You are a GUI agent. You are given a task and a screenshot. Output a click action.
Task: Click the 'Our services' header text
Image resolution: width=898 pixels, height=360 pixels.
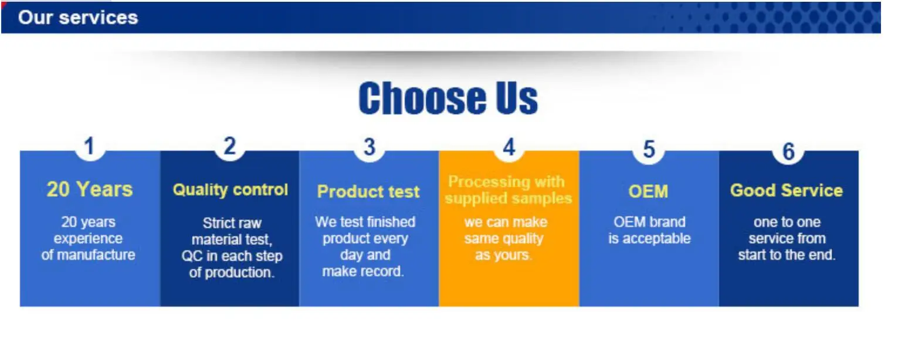(78, 18)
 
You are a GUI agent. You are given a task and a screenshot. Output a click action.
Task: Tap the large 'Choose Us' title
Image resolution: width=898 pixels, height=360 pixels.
(448, 99)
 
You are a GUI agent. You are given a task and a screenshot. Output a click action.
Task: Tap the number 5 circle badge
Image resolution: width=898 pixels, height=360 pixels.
(649, 149)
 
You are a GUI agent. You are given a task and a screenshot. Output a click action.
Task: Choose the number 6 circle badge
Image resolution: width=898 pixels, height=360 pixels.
(788, 150)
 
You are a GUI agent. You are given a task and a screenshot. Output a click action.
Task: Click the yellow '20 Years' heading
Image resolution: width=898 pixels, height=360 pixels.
(89, 189)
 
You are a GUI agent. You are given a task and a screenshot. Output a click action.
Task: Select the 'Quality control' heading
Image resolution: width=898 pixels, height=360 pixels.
(230, 189)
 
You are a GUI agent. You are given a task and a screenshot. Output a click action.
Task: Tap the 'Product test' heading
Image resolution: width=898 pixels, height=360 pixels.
(368, 192)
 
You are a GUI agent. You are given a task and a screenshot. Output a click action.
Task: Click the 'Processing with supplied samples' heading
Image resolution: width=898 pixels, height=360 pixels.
(508, 190)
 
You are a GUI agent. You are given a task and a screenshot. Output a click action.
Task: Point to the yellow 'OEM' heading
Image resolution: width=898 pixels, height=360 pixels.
(648, 192)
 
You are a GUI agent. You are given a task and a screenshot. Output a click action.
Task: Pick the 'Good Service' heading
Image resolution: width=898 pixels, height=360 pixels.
(787, 191)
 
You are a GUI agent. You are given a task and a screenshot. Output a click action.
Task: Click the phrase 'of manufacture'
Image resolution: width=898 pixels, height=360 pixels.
(88, 255)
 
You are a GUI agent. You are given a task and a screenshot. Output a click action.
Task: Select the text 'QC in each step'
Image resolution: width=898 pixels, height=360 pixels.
(232, 256)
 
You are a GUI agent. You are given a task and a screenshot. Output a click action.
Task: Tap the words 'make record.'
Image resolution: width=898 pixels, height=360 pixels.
(363, 271)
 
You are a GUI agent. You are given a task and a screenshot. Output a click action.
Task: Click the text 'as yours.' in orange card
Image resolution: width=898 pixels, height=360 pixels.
(503, 255)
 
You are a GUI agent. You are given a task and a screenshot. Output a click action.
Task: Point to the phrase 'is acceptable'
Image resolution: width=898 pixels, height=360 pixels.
(649, 239)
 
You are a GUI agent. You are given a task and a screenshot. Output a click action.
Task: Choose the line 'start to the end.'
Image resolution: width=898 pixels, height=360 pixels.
(787, 255)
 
